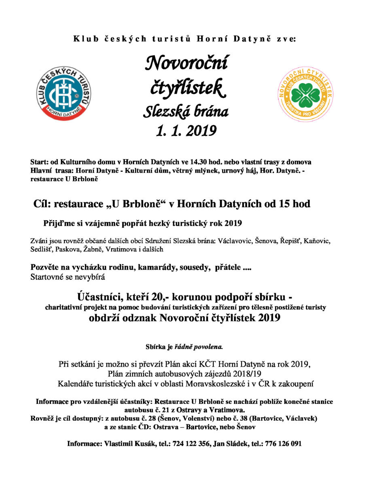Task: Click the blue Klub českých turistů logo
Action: (64, 93)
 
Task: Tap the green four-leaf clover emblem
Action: (306, 93)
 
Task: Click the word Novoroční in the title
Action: (186, 63)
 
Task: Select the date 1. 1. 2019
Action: (186, 131)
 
